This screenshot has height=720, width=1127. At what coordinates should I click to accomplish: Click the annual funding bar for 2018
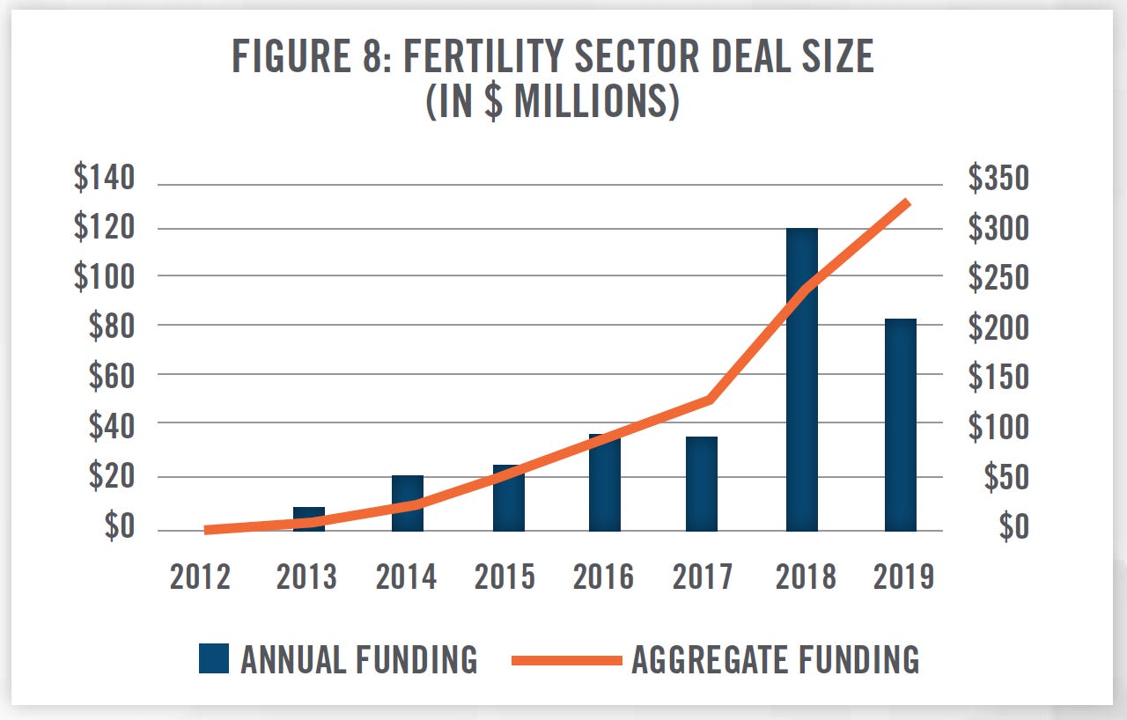(801, 378)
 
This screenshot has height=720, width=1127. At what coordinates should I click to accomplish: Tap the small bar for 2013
(308, 518)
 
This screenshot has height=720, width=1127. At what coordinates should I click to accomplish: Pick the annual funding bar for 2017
(702, 483)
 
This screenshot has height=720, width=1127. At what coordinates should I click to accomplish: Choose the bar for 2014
(408, 503)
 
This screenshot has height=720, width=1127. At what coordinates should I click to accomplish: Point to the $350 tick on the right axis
(998, 179)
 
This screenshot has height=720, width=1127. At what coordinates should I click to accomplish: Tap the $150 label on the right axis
(998, 377)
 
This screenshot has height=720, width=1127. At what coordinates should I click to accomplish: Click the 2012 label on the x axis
(201, 577)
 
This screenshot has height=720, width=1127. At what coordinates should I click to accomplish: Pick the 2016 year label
(604, 577)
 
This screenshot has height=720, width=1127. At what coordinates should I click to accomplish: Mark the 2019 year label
(903, 577)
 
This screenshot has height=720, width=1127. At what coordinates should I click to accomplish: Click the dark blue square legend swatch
(214, 658)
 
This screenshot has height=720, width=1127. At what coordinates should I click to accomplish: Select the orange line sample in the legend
(566, 659)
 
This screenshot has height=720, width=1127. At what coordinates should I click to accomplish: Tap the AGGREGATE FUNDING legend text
(775, 659)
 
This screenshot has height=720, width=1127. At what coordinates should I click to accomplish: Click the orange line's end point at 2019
(907, 202)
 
